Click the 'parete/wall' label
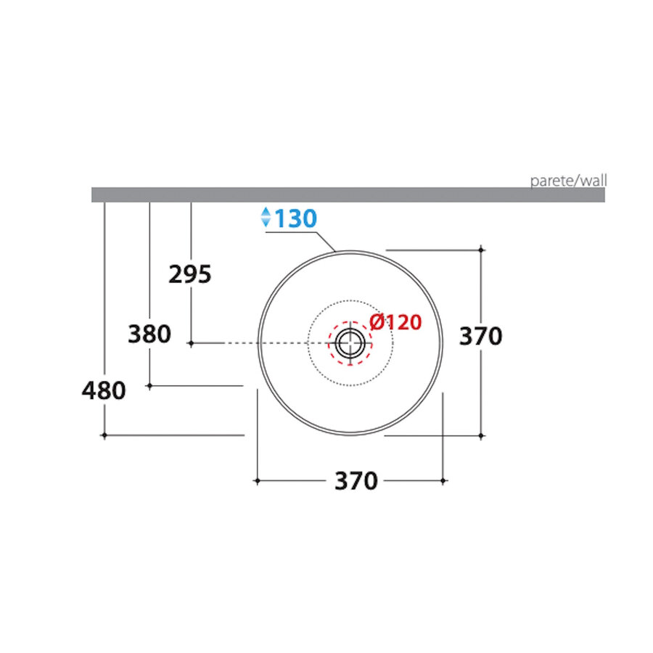click(569, 180)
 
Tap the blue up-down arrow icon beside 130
click(266, 217)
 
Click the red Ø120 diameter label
click(395, 322)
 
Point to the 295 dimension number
click(189, 275)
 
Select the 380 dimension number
click(149, 334)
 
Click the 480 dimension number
click(104, 391)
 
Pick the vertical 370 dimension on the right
click(481, 336)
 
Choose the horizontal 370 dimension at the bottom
click(356, 481)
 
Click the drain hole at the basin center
click(350, 342)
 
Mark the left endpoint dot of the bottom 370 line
click(257, 480)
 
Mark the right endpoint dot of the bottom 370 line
click(443, 480)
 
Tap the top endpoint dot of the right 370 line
click(482, 250)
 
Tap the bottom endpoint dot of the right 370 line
click(482, 436)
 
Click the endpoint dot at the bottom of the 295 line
click(191, 342)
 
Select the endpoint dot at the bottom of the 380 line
click(149, 386)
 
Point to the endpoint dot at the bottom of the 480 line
click(104, 435)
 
